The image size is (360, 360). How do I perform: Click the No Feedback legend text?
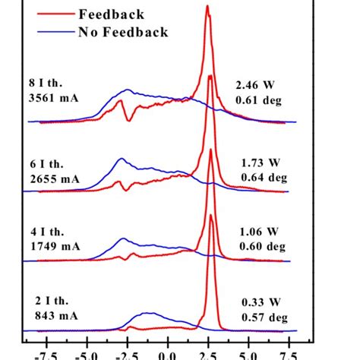122,32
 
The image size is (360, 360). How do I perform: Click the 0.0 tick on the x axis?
166,354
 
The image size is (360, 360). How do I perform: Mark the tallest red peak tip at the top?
207,6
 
